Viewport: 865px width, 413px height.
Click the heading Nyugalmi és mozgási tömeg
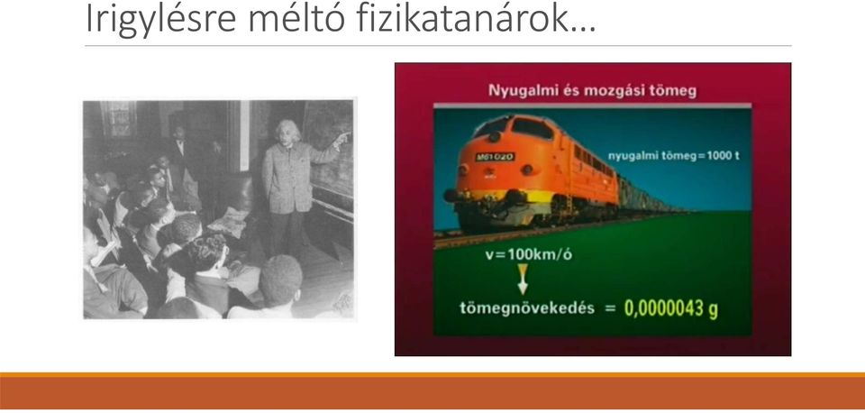tap(593, 90)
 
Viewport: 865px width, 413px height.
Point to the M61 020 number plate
tap(495, 157)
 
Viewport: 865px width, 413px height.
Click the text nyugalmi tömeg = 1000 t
tap(674, 156)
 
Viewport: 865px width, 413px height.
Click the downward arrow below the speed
tap(523, 279)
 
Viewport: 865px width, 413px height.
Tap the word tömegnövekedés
tap(527, 308)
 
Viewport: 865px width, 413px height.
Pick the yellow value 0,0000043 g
tap(671, 308)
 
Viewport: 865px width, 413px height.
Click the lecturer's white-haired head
tap(288, 133)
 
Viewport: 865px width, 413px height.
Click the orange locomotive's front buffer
tap(453, 195)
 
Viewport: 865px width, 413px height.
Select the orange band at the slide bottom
tap(432, 391)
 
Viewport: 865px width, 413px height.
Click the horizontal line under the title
tap(438, 46)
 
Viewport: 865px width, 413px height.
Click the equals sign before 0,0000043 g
tap(610, 308)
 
